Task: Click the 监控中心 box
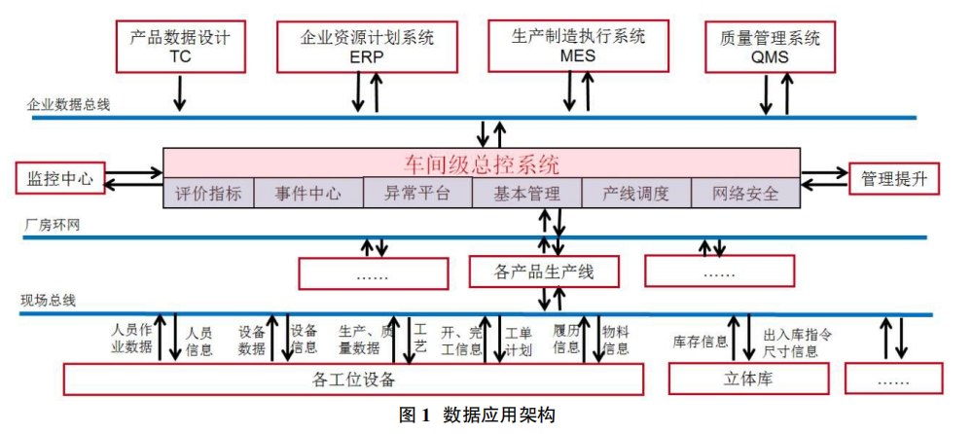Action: pyautogui.click(x=59, y=178)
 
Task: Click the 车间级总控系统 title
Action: pyautogui.click(x=482, y=163)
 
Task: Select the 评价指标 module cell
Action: pyautogui.click(x=208, y=193)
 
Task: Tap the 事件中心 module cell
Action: pyautogui.click(x=307, y=193)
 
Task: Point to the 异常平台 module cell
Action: pyautogui.click(x=417, y=193)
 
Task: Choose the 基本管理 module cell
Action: pyautogui.click(x=526, y=193)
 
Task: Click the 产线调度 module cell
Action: pyautogui.click(x=636, y=193)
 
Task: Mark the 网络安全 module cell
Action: pyautogui.click(x=746, y=193)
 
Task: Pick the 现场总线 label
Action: pyautogui.click(x=48, y=301)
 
